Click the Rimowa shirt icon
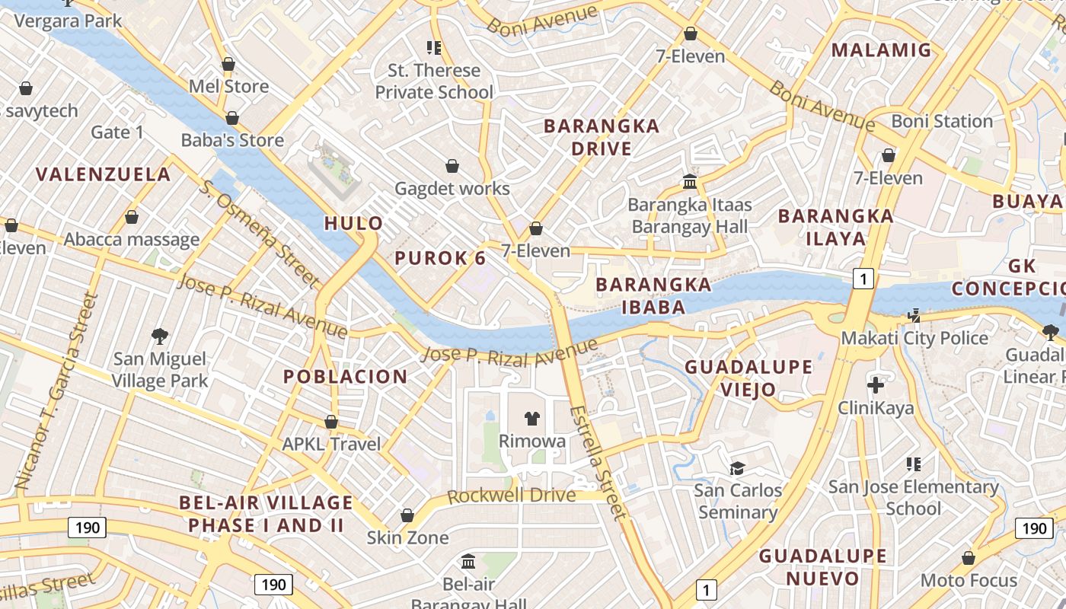[532, 418]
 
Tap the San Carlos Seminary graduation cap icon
[737, 467]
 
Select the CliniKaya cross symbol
[876, 384]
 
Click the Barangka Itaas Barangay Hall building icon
[691, 182]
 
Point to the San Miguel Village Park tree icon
[160, 335]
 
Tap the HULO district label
[354, 223]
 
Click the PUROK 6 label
[440, 258]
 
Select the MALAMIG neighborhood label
[881, 50]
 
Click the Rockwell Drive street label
[511, 496]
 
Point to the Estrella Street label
[598, 462]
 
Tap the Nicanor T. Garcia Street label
[57, 391]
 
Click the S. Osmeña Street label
[259, 234]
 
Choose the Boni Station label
[942, 121]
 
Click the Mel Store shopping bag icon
[228, 65]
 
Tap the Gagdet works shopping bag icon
[452, 166]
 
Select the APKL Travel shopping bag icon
[331, 422]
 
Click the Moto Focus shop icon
[969, 558]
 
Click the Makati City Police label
[914, 338]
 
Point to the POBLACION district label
[346, 376]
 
